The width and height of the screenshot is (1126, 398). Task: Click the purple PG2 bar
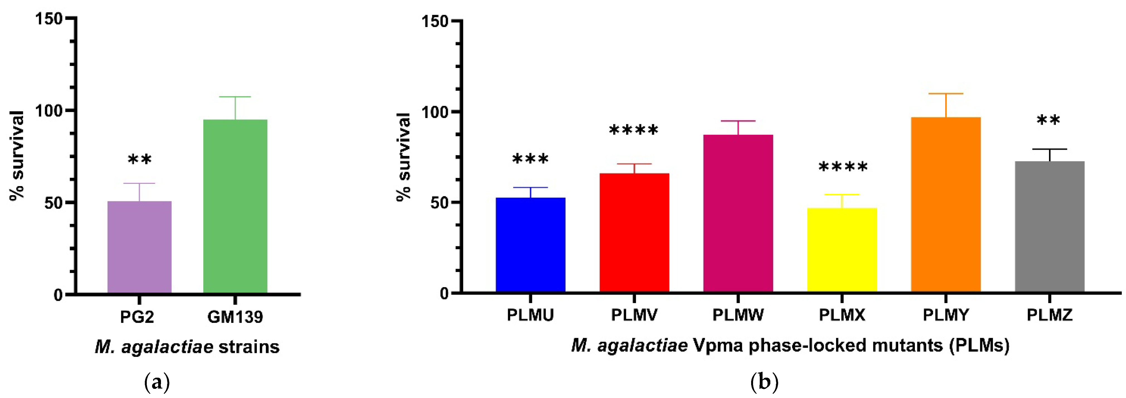(140, 247)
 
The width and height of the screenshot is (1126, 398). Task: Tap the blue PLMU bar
(530, 245)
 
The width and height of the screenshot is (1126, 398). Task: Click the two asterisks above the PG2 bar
(140, 160)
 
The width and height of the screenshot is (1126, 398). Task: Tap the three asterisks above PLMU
(530, 159)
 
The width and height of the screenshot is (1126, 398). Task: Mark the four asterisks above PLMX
(843, 167)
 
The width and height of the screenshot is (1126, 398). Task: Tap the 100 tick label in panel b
(435, 112)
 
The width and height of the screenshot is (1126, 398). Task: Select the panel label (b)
(764, 382)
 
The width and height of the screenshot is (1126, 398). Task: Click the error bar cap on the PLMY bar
(946, 94)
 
